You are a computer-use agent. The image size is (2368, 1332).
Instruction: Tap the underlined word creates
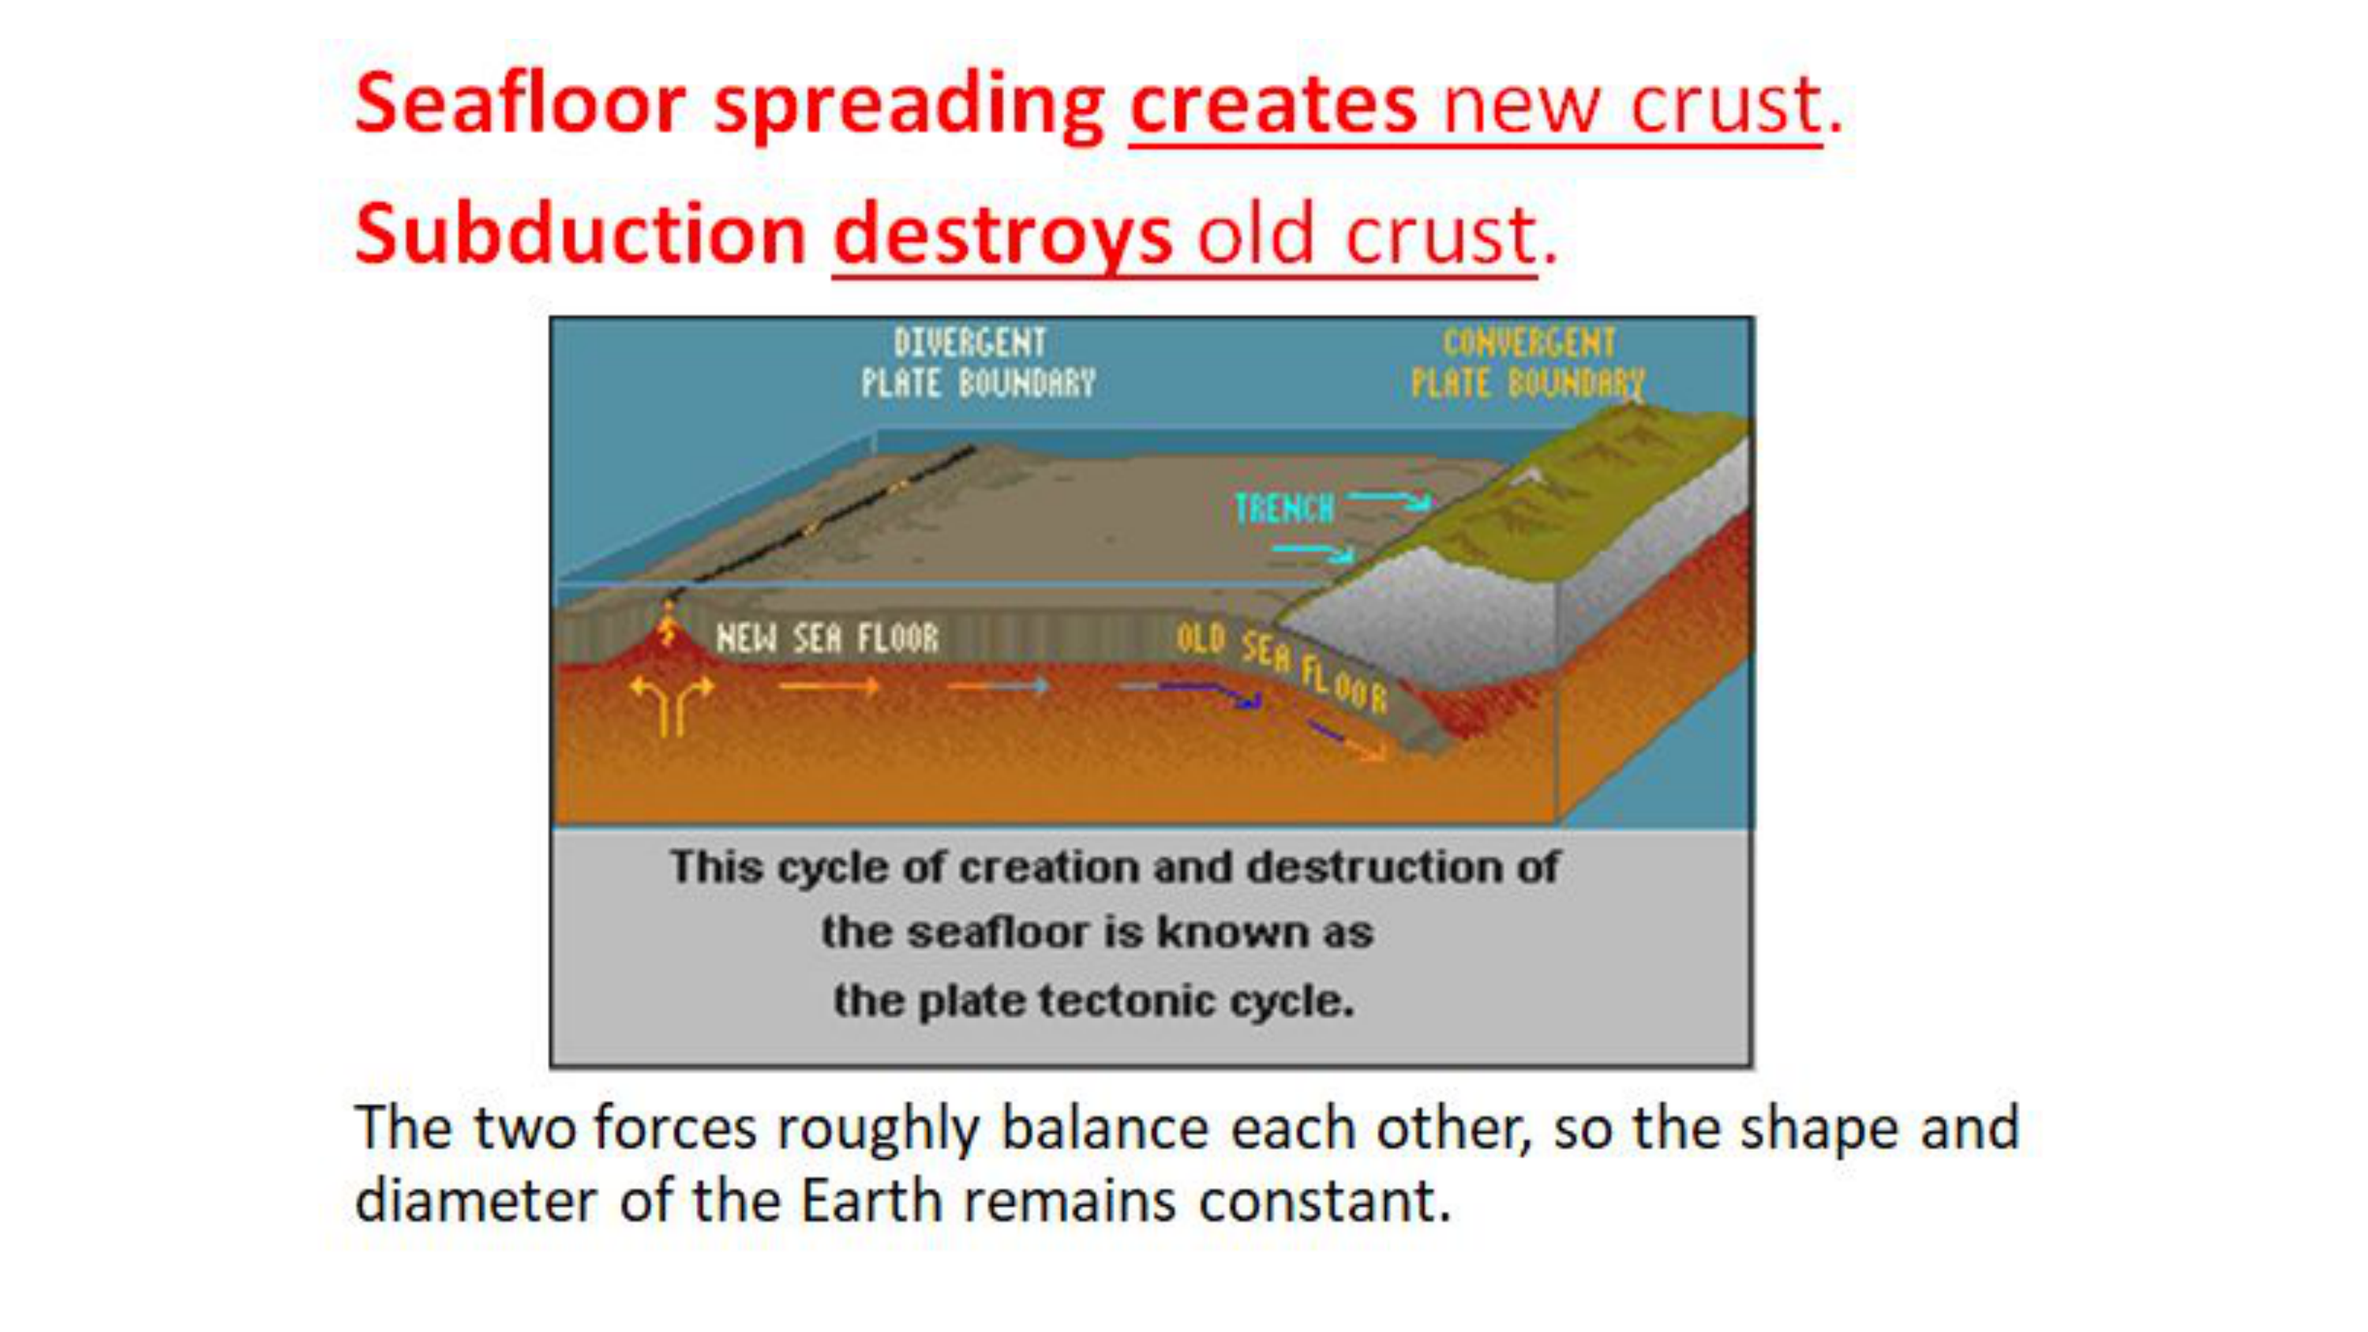tap(1273, 105)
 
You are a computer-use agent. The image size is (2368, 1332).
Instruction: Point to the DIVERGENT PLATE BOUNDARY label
tap(978, 363)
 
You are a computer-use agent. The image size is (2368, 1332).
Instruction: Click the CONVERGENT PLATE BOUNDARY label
tap(1528, 363)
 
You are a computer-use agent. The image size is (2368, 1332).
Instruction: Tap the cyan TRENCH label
tap(1284, 508)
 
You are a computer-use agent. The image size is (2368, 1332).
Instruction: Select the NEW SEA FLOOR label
tap(827, 638)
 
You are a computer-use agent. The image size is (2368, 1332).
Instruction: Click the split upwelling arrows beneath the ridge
tap(672, 704)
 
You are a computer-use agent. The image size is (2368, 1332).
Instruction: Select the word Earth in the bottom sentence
tap(871, 1201)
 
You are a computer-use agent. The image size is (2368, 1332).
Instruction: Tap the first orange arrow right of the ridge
tap(829, 686)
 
